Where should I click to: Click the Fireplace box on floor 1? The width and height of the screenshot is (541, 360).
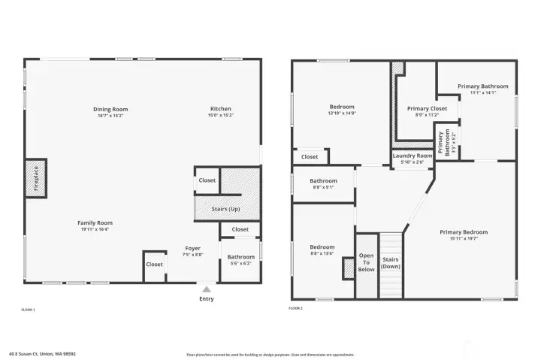(x=35, y=178)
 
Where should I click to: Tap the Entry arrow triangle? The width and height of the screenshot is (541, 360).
(x=207, y=287)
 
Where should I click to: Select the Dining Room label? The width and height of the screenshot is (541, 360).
(x=110, y=109)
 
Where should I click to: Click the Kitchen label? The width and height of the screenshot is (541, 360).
(x=221, y=109)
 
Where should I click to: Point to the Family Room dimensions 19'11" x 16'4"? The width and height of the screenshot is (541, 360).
(x=95, y=229)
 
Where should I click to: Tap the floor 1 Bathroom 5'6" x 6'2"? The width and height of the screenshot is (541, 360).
(x=241, y=260)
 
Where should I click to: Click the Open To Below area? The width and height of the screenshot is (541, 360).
(x=366, y=263)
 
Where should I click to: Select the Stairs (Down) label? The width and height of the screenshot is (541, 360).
(x=390, y=263)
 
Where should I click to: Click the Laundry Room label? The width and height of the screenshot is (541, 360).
(x=413, y=156)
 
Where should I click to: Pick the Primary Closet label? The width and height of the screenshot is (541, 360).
(x=427, y=109)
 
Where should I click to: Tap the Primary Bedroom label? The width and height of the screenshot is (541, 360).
(x=464, y=232)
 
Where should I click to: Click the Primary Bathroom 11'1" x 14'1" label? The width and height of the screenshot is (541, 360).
(x=483, y=86)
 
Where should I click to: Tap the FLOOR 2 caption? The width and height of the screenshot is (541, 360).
(x=297, y=308)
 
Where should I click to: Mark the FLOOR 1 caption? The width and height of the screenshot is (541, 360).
(x=28, y=310)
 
